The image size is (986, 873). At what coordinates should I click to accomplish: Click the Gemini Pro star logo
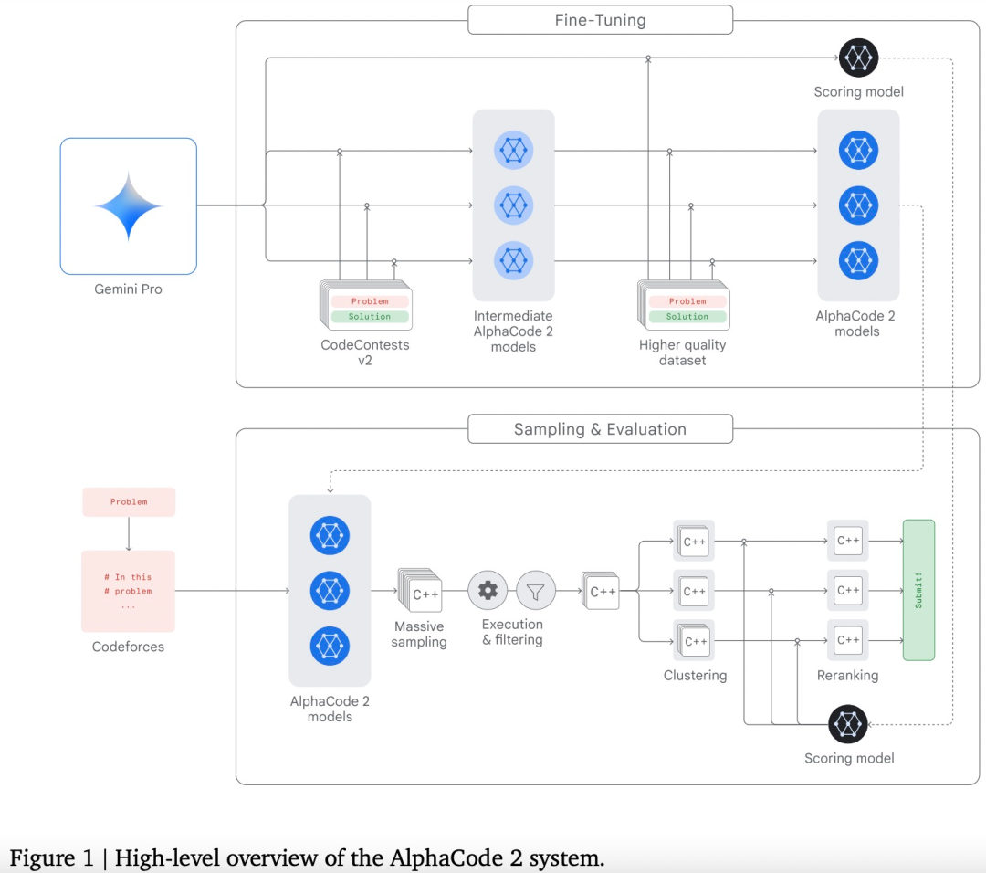pyautogui.click(x=129, y=205)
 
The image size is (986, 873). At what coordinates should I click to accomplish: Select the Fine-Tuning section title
pyautogui.click(x=600, y=20)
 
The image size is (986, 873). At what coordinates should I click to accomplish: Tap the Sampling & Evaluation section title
pyautogui.click(x=600, y=429)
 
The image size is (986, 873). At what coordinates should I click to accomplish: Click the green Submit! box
pyautogui.click(x=918, y=590)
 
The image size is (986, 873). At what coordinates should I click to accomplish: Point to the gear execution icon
pyautogui.click(x=488, y=591)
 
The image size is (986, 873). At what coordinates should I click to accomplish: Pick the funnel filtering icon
pyautogui.click(x=536, y=591)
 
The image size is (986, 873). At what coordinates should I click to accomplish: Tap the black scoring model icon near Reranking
pyautogui.click(x=848, y=724)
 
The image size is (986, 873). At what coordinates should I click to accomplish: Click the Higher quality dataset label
pyautogui.click(x=682, y=352)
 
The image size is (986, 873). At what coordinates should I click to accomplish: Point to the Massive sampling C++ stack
pyautogui.click(x=420, y=592)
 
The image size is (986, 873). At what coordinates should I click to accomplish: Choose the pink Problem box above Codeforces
pyautogui.click(x=129, y=501)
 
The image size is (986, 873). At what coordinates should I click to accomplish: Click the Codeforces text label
pyautogui.click(x=129, y=647)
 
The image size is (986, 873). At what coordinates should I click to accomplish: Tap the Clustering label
pyautogui.click(x=696, y=676)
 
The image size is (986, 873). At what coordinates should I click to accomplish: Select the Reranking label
pyautogui.click(x=847, y=676)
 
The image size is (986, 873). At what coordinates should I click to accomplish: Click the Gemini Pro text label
pyautogui.click(x=129, y=289)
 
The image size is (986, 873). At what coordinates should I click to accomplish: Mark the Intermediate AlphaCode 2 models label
pyautogui.click(x=513, y=331)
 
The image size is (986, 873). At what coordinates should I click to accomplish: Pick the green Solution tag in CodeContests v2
pyautogui.click(x=369, y=317)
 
